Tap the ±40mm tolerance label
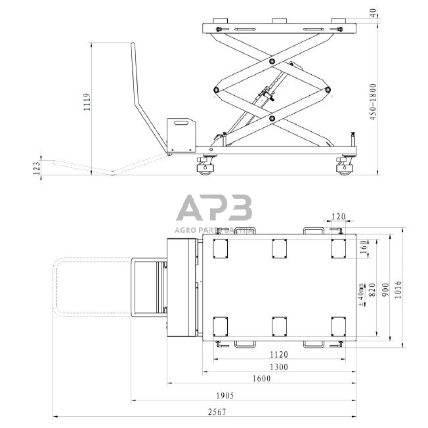[x=361, y=294]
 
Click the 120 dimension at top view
[x=338, y=215]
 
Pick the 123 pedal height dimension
[x=37, y=168]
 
